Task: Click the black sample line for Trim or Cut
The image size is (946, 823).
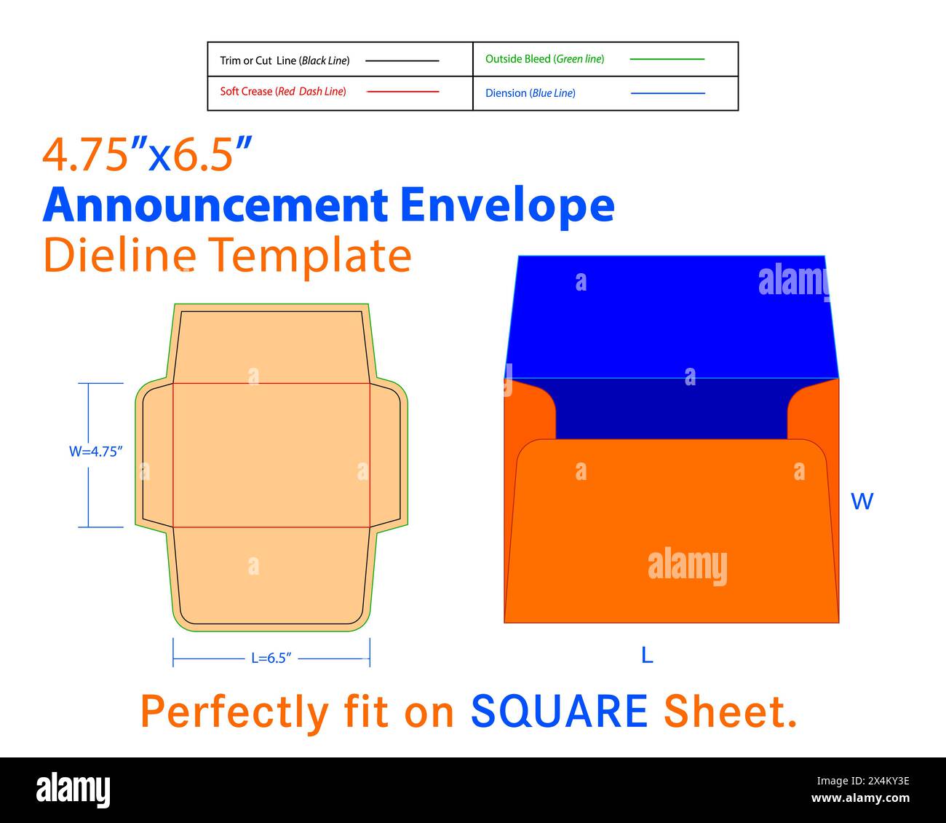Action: pyautogui.click(x=402, y=61)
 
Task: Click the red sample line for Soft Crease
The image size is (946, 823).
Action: pyautogui.click(x=402, y=92)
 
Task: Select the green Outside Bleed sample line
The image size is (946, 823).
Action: pyautogui.click(x=667, y=59)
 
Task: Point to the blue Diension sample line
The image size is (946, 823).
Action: pyautogui.click(x=667, y=93)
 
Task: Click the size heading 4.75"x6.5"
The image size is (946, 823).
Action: pyautogui.click(x=148, y=154)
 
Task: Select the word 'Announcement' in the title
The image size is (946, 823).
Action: pyautogui.click(x=215, y=205)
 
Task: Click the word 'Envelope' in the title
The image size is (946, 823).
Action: pyautogui.click(x=507, y=205)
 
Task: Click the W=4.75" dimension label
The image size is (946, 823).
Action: pyautogui.click(x=96, y=452)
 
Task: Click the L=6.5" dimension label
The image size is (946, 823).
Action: pyautogui.click(x=271, y=658)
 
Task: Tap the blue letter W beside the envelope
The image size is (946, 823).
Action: pyautogui.click(x=862, y=502)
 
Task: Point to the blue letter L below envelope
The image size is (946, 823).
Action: pyautogui.click(x=647, y=655)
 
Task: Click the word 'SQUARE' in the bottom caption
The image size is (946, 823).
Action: pyautogui.click(x=559, y=712)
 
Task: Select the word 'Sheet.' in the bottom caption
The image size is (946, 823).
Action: pyautogui.click(x=730, y=712)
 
